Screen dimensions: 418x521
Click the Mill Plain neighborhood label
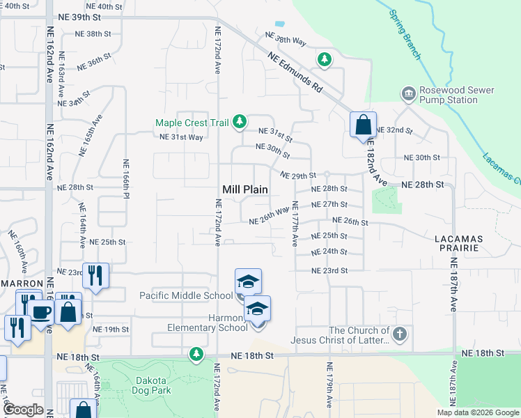[245, 189]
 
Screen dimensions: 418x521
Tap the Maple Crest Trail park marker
[240, 123]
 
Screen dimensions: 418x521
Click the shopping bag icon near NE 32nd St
[363, 125]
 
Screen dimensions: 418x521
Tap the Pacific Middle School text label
[186, 295]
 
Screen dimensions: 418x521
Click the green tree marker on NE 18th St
[197, 355]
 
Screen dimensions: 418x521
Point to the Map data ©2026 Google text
[477, 412]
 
